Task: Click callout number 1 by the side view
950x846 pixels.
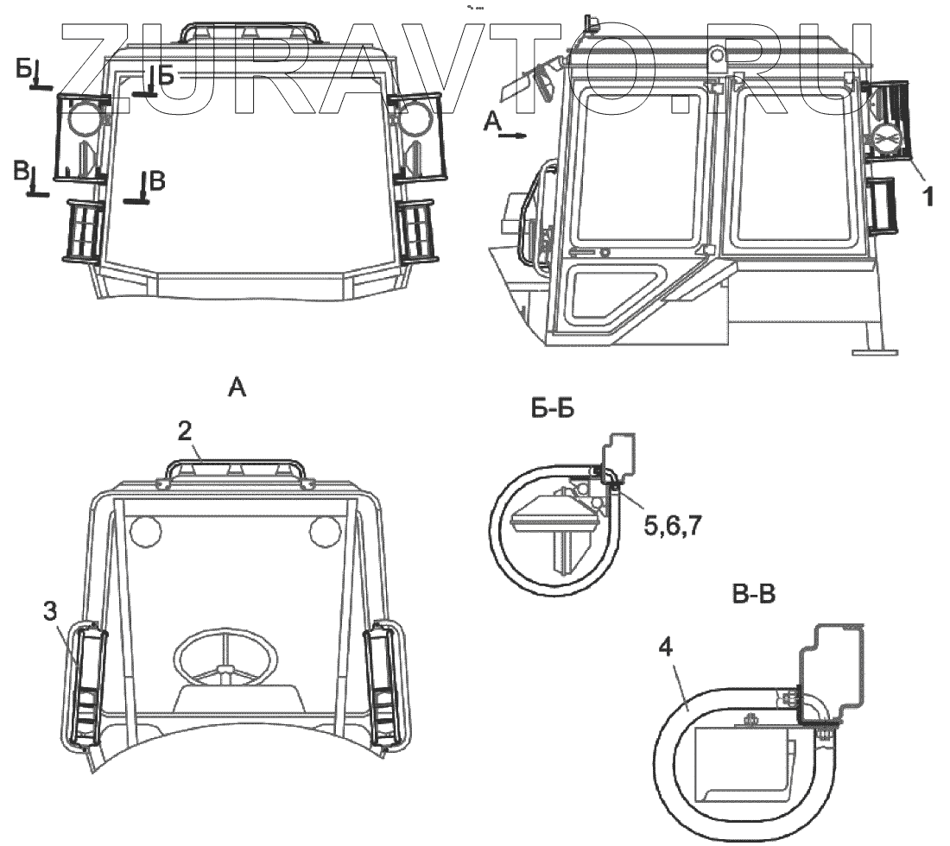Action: point(927,197)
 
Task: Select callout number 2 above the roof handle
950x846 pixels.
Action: point(184,433)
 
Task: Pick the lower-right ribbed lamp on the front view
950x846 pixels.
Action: point(417,230)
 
